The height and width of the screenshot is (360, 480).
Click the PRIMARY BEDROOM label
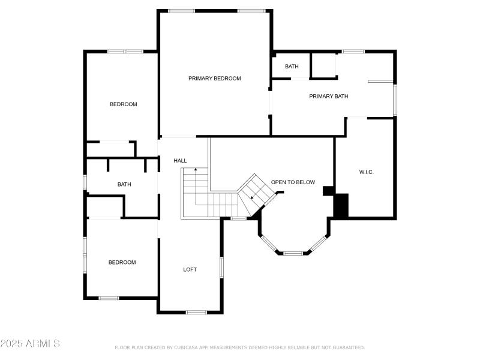pyautogui.click(x=214, y=79)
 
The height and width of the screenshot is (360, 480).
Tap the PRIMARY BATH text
pyautogui.click(x=328, y=96)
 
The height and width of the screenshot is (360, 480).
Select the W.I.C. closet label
pyautogui.click(x=366, y=172)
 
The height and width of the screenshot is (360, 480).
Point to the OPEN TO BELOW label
pyautogui.click(x=293, y=182)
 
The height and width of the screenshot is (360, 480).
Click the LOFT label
pyautogui.click(x=190, y=269)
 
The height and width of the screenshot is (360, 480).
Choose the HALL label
pyautogui.click(x=180, y=161)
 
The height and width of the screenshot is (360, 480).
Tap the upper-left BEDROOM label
pyautogui.click(x=123, y=104)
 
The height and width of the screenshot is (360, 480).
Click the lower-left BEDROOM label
pyautogui.click(x=122, y=262)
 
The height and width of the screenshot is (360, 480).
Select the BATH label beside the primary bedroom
pyautogui.click(x=292, y=67)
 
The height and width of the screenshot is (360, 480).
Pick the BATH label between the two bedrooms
pyautogui.click(x=124, y=184)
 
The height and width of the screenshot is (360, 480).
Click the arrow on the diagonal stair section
pyautogui.click(x=253, y=197)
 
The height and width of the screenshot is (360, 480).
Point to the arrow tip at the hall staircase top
pyautogui.click(x=195, y=170)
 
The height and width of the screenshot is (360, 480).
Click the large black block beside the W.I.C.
pyautogui.click(x=341, y=205)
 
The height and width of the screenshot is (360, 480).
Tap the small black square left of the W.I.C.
pyautogui.click(x=328, y=191)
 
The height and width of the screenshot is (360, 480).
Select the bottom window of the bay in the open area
pyautogui.click(x=292, y=253)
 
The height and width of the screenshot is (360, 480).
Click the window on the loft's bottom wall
pyautogui.click(x=196, y=312)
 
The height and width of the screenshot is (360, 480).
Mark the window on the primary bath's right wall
pyautogui.click(x=394, y=100)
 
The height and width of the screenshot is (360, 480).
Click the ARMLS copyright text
pyautogui.click(x=30, y=344)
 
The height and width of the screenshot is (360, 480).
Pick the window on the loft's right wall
pyautogui.click(x=221, y=267)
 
